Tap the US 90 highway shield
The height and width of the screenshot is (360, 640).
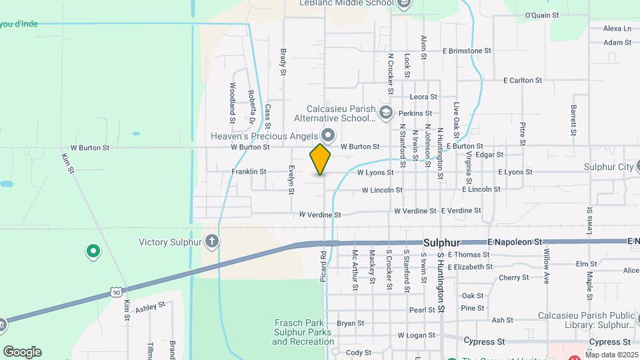pos(116,292)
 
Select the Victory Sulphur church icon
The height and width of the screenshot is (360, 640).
pos(212,241)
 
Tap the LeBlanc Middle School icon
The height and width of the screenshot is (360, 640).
pos(404,4)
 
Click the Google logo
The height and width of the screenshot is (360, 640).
pos(22,352)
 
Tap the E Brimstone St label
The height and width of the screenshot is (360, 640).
pos(467,51)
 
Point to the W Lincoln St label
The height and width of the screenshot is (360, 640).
pos(382,190)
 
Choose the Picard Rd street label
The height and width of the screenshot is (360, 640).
pos(323,265)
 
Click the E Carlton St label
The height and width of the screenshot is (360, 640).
pos(521,80)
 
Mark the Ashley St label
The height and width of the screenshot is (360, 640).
pos(150,307)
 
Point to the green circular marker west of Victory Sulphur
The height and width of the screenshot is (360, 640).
pos(93,251)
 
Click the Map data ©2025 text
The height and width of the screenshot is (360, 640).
pos(611,355)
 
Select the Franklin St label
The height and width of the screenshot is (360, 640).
pos(249,172)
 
